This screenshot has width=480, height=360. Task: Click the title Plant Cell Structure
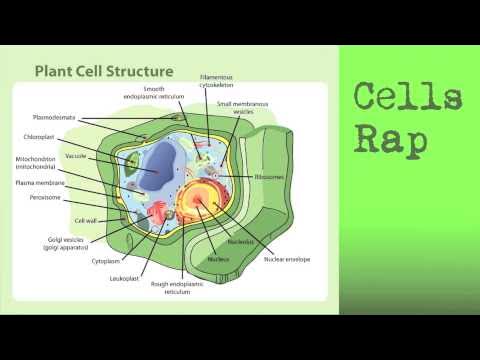point(104,72)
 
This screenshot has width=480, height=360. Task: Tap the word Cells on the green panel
point(409,99)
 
